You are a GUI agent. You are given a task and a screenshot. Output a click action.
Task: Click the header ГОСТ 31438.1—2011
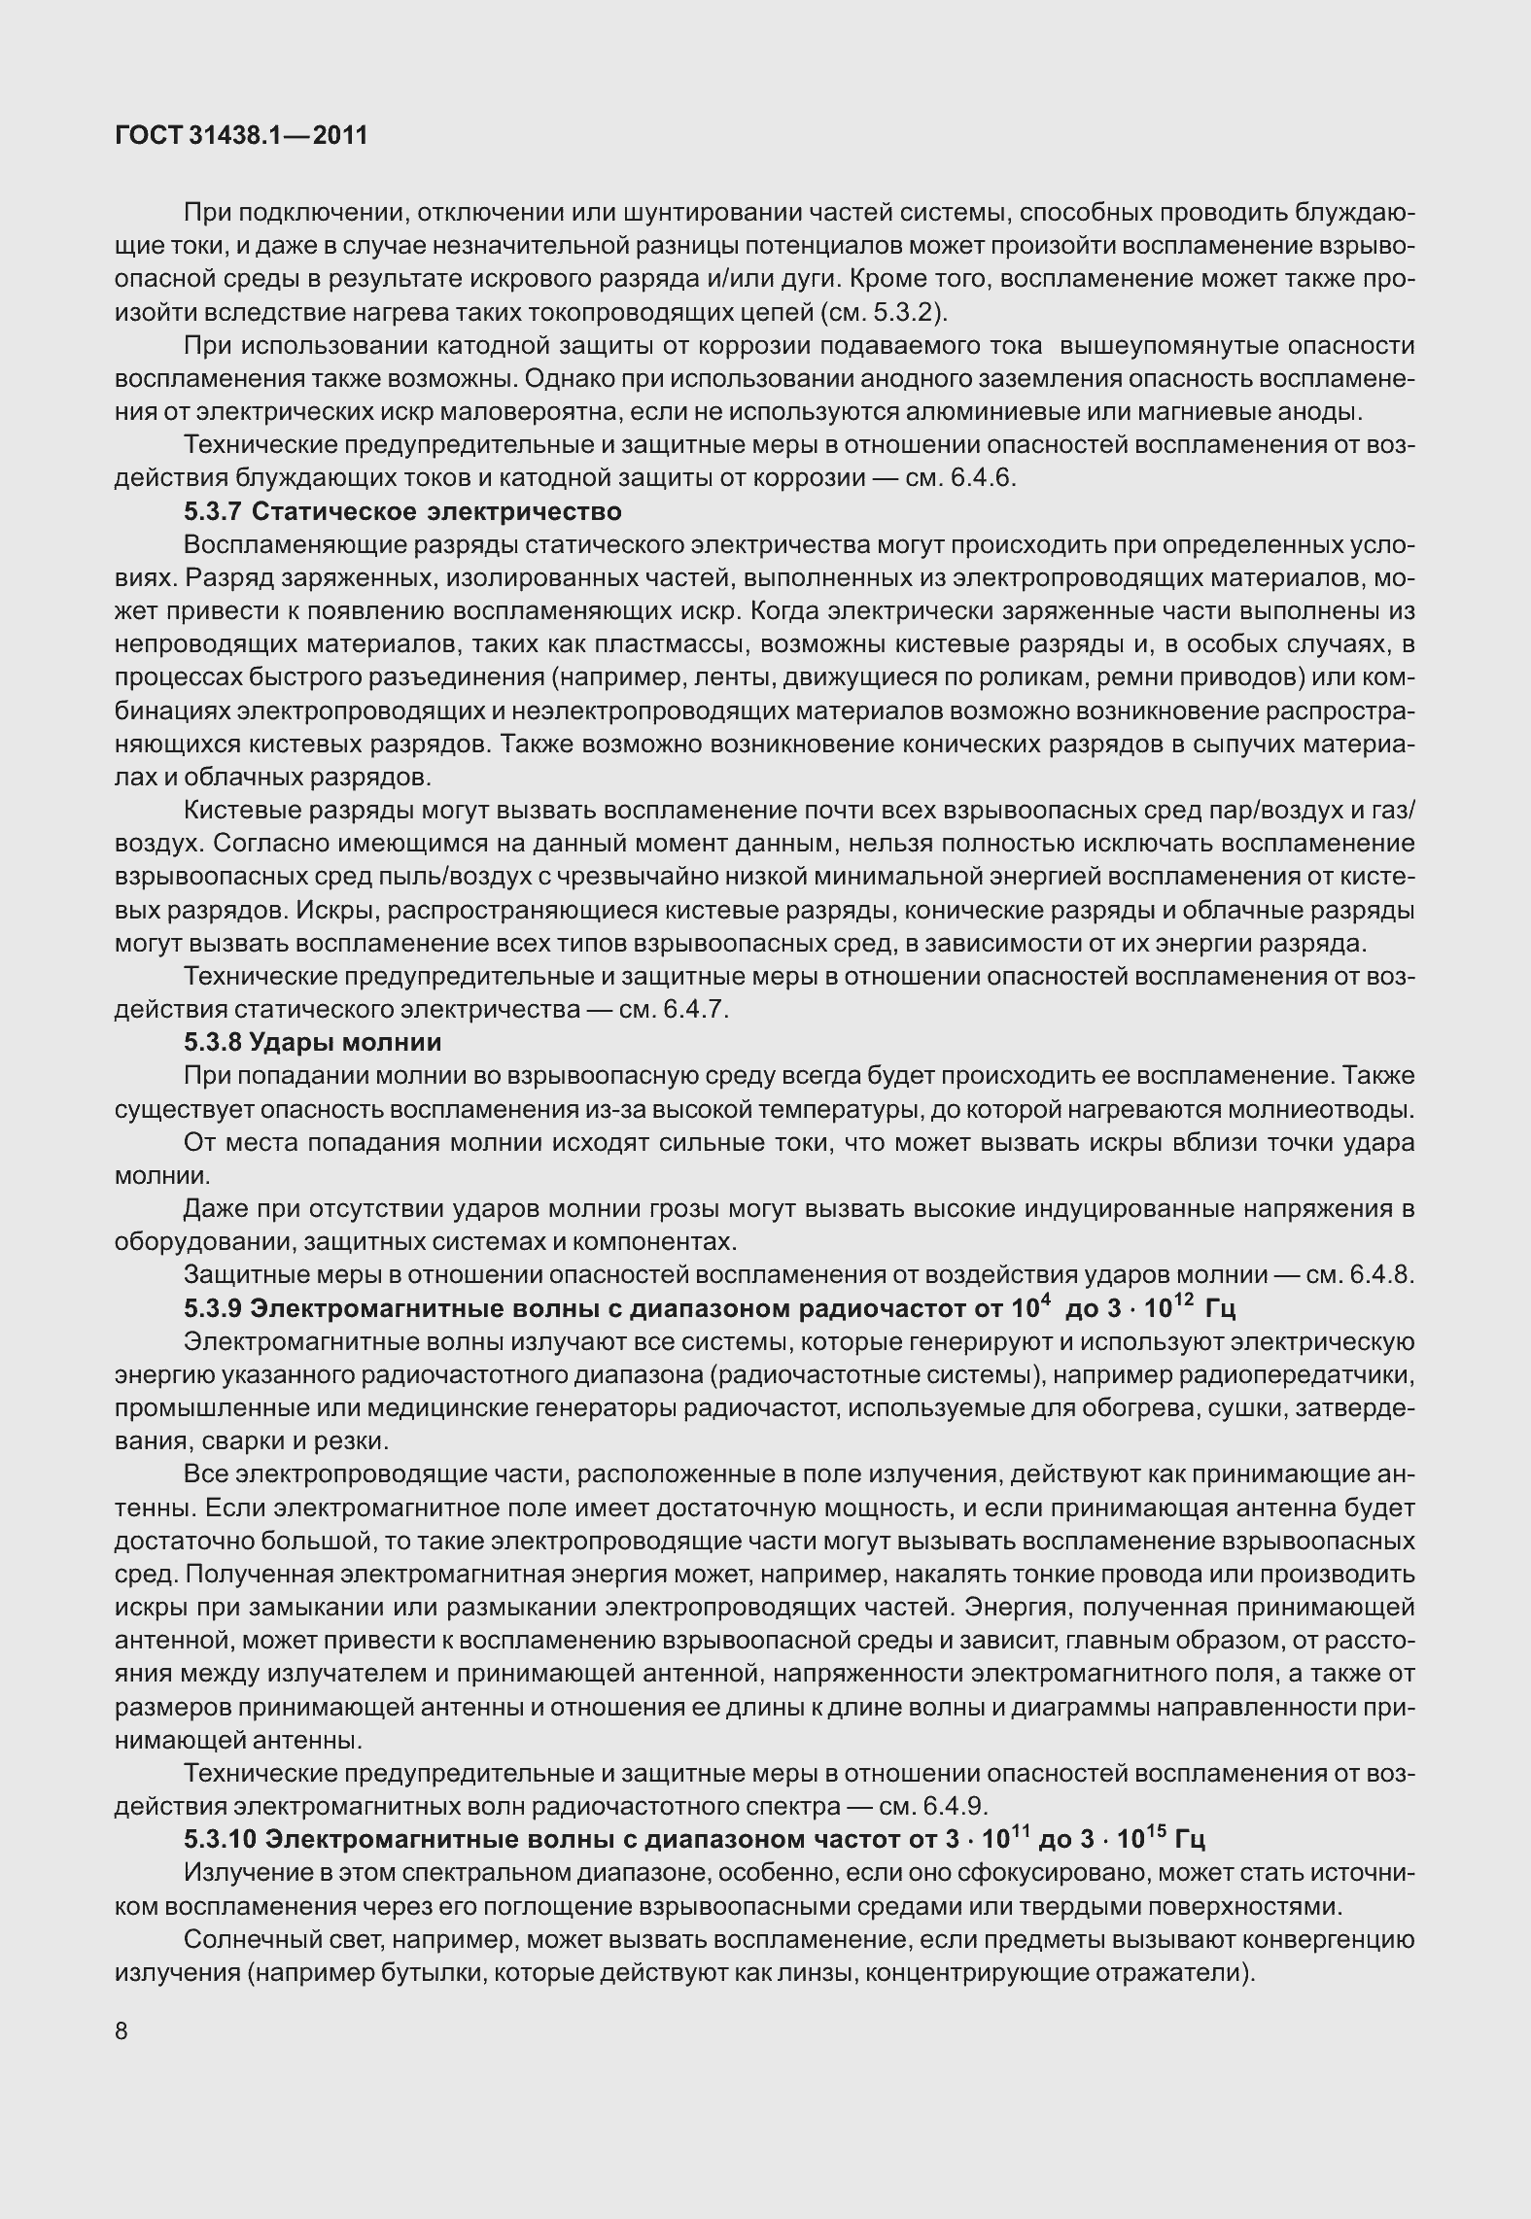point(241,136)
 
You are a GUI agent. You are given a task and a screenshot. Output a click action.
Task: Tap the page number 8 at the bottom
point(122,2031)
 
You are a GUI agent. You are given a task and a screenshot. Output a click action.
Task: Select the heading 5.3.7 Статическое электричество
point(401,511)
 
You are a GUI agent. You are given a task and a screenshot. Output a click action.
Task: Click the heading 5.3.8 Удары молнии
point(312,1042)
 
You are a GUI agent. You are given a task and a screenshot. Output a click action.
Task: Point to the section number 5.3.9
point(213,1308)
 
